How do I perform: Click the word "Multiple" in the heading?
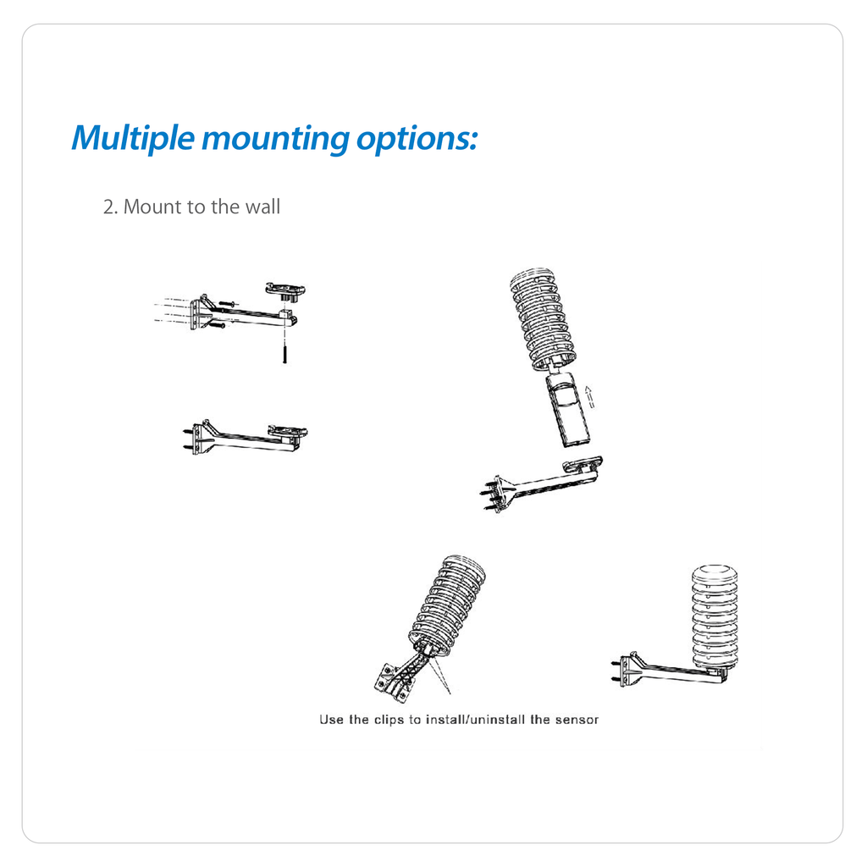(133, 138)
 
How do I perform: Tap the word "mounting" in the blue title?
(275, 140)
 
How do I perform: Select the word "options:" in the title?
(417, 140)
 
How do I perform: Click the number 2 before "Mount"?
(109, 207)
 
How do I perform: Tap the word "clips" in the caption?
(389, 720)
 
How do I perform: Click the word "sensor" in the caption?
(577, 720)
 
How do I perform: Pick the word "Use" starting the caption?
(331, 720)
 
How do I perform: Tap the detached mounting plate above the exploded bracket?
(285, 290)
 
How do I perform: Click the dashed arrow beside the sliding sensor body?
(589, 397)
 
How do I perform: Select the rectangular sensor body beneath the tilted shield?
(567, 409)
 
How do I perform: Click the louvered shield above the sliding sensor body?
(542, 318)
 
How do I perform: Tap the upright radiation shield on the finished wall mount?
(715, 616)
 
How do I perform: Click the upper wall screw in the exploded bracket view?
(228, 304)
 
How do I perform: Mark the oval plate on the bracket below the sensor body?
(583, 463)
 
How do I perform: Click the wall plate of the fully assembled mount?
(628, 671)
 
